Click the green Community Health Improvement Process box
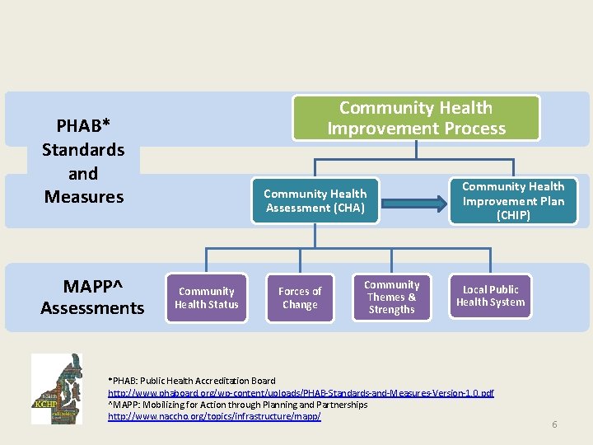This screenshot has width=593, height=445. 416,118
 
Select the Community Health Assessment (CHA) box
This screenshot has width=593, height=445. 315,200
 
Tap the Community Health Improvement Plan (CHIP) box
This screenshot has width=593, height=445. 512,200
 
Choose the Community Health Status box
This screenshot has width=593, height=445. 207,297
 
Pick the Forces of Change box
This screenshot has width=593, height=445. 300,297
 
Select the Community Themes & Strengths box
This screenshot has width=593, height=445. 391,297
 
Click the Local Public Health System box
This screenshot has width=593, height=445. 490,296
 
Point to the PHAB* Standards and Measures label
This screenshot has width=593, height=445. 84,162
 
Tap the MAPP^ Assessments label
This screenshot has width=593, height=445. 92,297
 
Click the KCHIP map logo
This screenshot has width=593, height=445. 56,388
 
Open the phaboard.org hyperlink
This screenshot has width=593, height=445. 301,393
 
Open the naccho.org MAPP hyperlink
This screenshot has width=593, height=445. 214,416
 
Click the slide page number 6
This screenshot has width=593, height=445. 554,424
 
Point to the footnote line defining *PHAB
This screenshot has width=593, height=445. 192,381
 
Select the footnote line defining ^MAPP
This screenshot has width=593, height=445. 237,405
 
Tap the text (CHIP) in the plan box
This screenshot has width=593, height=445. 512,215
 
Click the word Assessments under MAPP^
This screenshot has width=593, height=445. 92,308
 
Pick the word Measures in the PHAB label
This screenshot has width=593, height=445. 84,197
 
